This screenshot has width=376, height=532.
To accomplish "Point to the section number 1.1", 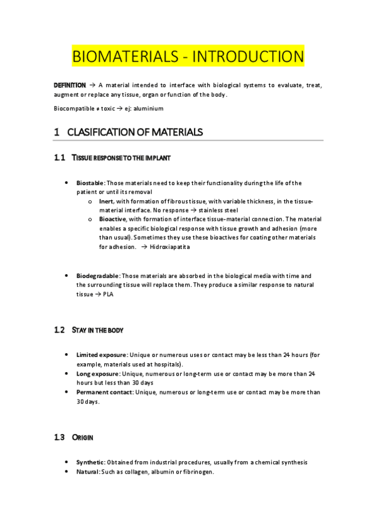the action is (60, 157).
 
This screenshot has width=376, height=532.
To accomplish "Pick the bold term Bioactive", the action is (112, 220).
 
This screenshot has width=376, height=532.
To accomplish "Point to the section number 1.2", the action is (60, 330).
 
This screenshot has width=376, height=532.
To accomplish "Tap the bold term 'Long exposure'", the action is (97, 374).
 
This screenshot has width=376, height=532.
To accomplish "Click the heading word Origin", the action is (83, 437).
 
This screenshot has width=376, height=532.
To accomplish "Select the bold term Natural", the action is (88, 472).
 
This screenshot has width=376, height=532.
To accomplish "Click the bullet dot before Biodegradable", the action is (67, 276).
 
